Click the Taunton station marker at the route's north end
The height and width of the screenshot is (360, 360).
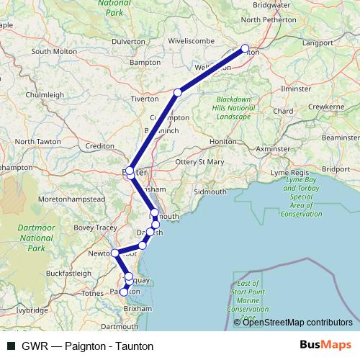(246, 50)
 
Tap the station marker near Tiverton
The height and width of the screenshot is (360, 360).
(178, 92)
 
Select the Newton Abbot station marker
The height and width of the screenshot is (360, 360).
(114, 253)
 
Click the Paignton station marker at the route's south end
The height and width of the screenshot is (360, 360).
(124, 292)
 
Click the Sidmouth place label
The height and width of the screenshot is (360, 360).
(210, 192)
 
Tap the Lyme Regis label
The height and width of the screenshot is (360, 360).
(288, 174)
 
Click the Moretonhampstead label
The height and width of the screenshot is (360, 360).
(61, 197)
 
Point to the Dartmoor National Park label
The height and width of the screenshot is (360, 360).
(31, 237)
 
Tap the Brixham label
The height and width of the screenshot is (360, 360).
(138, 307)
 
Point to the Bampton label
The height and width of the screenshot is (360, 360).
(144, 63)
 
